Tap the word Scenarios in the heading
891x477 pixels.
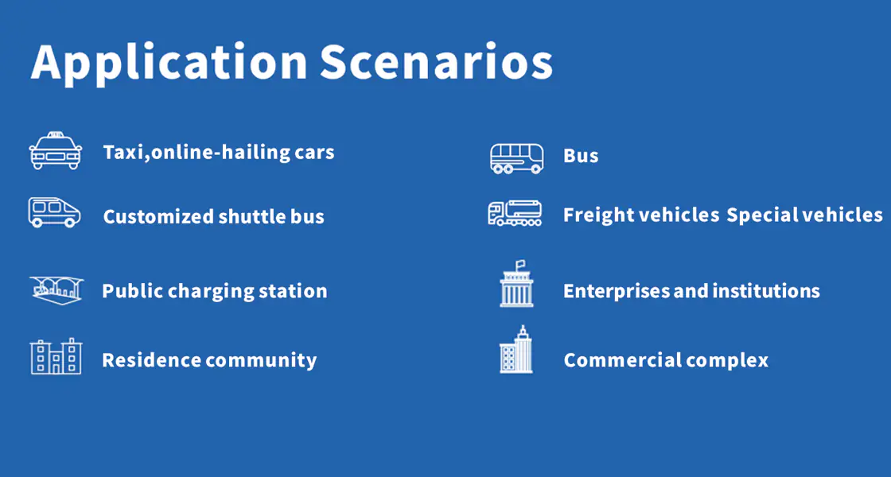coord(436,60)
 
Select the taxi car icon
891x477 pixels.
coord(55,150)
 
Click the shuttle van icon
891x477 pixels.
coord(55,212)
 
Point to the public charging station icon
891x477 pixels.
coord(56,289)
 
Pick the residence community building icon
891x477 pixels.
coord(56,356)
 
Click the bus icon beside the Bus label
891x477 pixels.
coord(516,158)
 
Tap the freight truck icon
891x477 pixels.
coord(515,213)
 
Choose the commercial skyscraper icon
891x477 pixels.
coord(516,349)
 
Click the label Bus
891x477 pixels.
coord(581,156)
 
